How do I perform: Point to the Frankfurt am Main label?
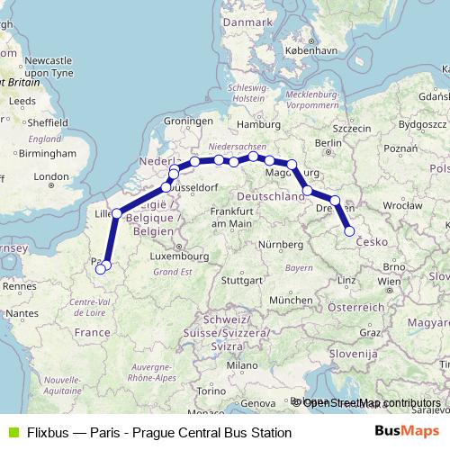coord(213,216)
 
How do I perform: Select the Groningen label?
coord(187,121)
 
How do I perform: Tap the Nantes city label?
coord(24,311)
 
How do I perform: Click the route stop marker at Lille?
coord(116,213)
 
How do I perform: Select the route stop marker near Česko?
coord(350,231)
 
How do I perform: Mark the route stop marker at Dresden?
coord(335,201)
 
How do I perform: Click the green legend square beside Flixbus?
coord(12,432)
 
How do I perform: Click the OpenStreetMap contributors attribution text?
coord(372,402)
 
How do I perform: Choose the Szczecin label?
coord(354,129)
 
